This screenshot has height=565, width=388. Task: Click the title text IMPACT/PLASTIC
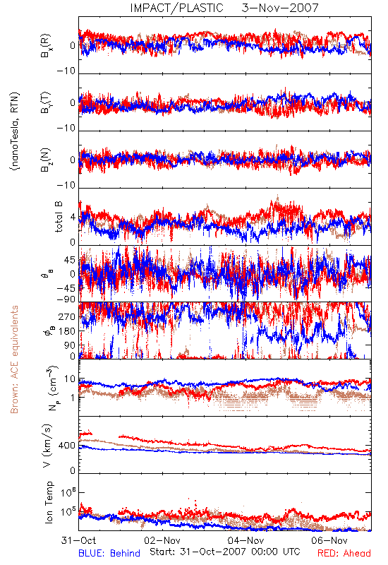point(177,8)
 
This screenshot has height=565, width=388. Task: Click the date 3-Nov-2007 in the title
point(280,8)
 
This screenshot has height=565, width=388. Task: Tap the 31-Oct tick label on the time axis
point(78,540)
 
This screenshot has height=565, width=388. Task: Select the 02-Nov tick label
point(162,540)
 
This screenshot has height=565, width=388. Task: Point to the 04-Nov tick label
point(245,540)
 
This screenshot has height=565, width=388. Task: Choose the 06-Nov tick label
point(329,540)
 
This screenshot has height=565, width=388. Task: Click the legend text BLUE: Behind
point(109,553)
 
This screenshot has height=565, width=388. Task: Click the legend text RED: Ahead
point(344,553)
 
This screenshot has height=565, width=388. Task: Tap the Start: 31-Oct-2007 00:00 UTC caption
point(225,552)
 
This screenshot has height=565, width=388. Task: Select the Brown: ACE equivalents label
point(14,359)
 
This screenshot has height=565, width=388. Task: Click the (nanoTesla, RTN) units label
point(15,131)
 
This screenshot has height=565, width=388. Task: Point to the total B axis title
point(59,216)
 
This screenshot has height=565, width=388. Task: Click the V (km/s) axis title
point(48,446)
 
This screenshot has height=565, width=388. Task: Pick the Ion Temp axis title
point(49,502)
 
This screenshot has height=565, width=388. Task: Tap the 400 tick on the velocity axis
point(67,446)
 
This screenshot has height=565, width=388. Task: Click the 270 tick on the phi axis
point(67,316)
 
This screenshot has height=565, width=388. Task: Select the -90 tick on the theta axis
point(66,299)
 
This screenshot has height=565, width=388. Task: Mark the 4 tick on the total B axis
point(73,217)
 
